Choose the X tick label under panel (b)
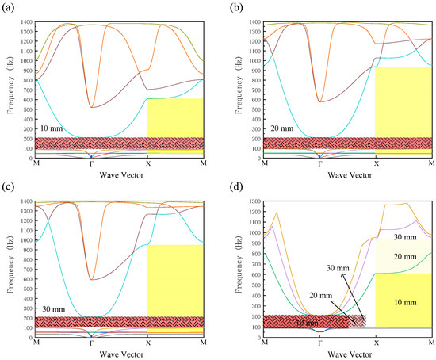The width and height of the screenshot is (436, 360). pyautogui.click(x=376, y=163)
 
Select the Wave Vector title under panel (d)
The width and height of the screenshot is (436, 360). pyautogui.click(x=348, y=354)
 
